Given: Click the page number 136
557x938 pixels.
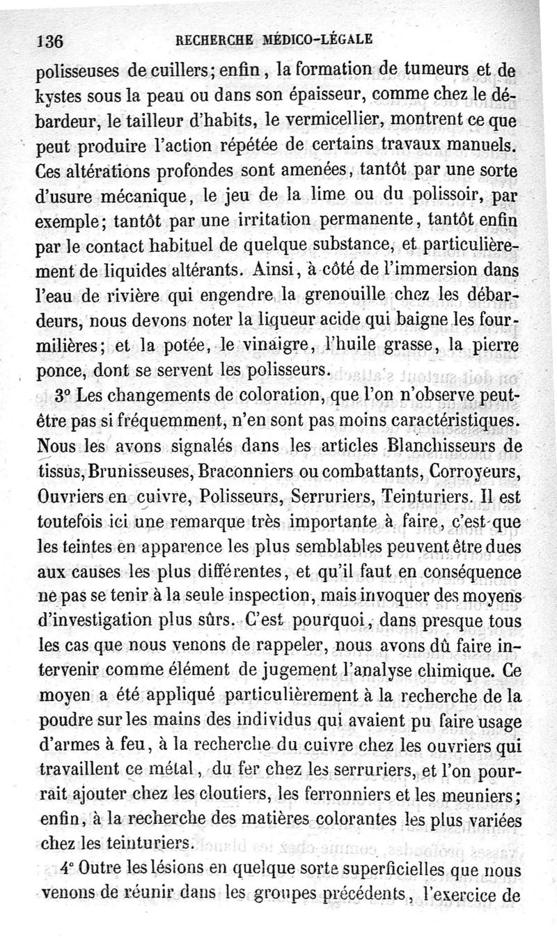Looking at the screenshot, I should (49, 40).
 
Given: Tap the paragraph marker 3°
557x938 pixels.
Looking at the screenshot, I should (65, 394).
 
